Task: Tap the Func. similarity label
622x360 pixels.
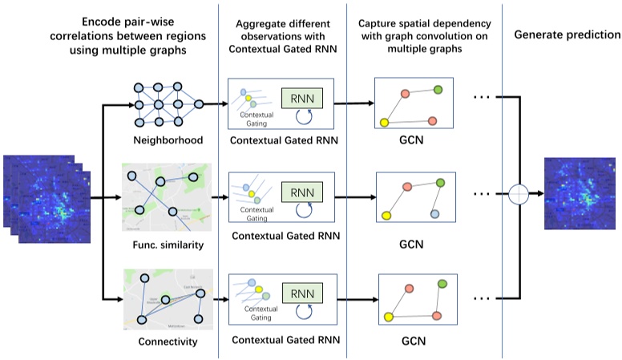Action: click(x=167, y=243)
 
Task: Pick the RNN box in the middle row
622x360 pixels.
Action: click(x=301, y=192)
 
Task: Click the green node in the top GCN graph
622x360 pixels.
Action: click(x=438, y=89)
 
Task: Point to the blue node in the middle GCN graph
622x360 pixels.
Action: click(x=434, y=215)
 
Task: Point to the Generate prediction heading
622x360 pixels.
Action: click(x=567, y=35)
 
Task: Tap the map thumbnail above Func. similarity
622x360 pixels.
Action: click(x=167, y=197)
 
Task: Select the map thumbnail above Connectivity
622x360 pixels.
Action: click(x=167, y=298)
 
